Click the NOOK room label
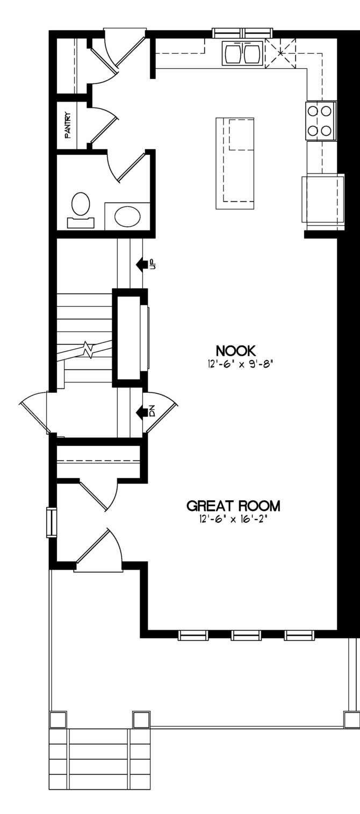(236, 351)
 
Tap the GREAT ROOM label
(233, 506)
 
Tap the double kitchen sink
(242, 54)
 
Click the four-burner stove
(321, 121)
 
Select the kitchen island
(235, 163)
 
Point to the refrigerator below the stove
(323, 198)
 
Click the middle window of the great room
(246, 635)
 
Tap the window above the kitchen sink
(242, 33)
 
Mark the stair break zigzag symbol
(89, 350)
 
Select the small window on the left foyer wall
(51, 522)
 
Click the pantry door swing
(104, 125)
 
